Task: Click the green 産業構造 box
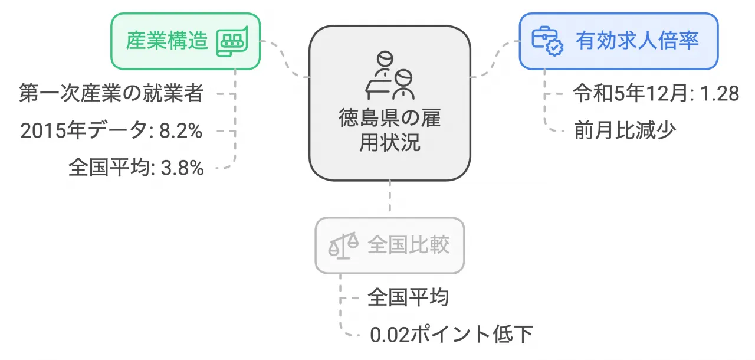185,41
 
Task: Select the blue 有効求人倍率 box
618,41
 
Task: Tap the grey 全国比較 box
390,245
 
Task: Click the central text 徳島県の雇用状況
390,130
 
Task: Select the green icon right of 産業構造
232,41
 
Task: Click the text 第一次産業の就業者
111,94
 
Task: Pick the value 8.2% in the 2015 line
180,131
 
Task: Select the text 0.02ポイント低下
451,335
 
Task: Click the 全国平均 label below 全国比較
408,297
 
